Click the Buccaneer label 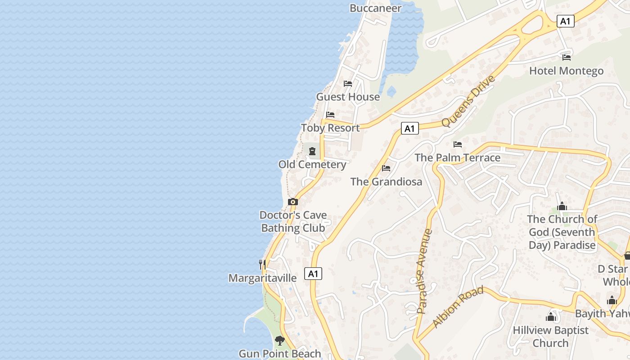point(375,8)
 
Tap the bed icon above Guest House point(348,84)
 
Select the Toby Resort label point(330,128)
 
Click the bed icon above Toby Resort point(330,115)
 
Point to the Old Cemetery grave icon point(312,151)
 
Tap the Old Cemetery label point(312,164)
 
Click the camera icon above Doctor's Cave point(293,202)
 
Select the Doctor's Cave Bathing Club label point(293,221)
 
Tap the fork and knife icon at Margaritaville point(262,264)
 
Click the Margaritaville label point(262,278)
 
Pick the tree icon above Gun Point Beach point(280,340)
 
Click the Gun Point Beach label point(280,354)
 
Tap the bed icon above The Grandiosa point(386,168)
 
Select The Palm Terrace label point(457,157)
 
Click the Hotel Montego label point(566,71)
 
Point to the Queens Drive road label point(468,101)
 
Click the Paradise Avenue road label point(424,271)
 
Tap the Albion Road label point(458,306)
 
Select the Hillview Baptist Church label point(550,336)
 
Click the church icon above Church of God point(562,207)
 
